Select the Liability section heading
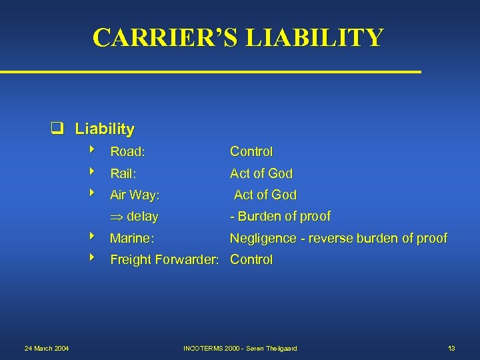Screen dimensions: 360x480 click(105, 129)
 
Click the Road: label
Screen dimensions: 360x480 click(128, 152)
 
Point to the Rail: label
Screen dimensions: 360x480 click(123, 173)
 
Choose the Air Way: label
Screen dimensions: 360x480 click(135, 195)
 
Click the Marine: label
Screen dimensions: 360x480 click(132, 238)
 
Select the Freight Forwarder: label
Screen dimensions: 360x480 click(165, 260)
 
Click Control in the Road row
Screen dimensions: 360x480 click(251, 152)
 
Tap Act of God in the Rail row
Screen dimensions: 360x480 click(261, 173)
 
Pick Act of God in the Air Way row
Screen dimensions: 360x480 click(265, 195)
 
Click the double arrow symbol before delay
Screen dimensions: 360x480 click(117, 217)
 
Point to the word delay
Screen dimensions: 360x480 click(143, 217)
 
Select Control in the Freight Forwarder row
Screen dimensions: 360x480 click(251, 260)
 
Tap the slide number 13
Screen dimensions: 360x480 click(451, 349)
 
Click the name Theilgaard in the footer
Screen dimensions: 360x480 click(279, 349)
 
